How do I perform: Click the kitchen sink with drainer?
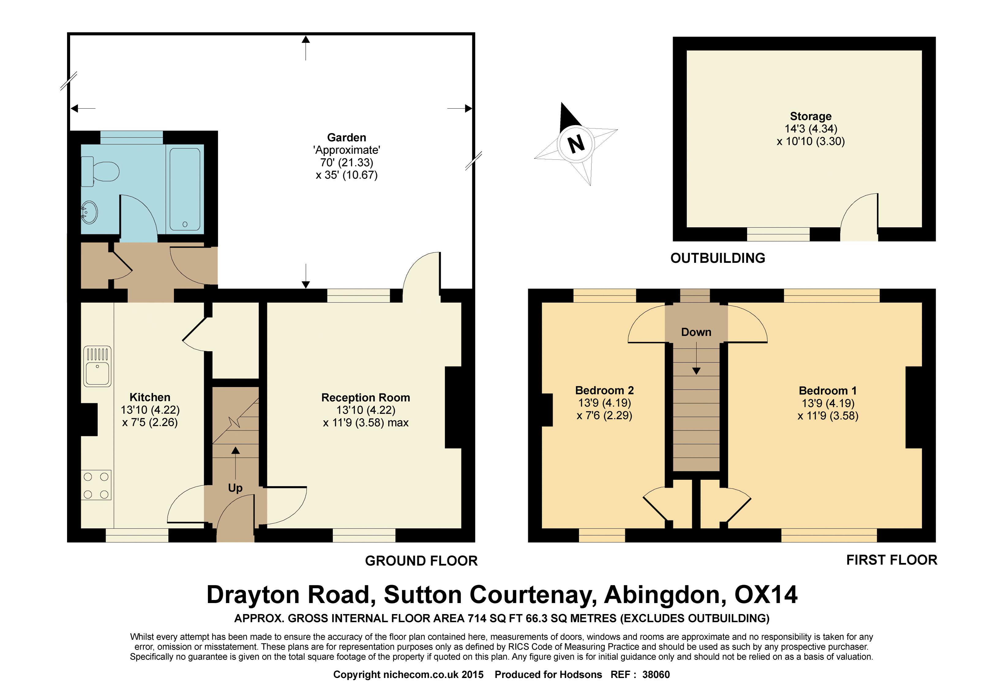point(97,366)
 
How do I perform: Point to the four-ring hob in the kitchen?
point(96,485)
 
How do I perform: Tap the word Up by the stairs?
point(235,488)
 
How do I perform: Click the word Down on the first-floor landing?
point(695,332)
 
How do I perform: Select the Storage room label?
point(810,116)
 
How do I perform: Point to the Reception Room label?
point(365,397)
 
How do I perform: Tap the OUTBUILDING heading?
point(717,258)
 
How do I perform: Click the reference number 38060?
point(656,674)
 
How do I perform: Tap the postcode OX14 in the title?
point(766,594)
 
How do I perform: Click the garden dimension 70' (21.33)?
point(346,162)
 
